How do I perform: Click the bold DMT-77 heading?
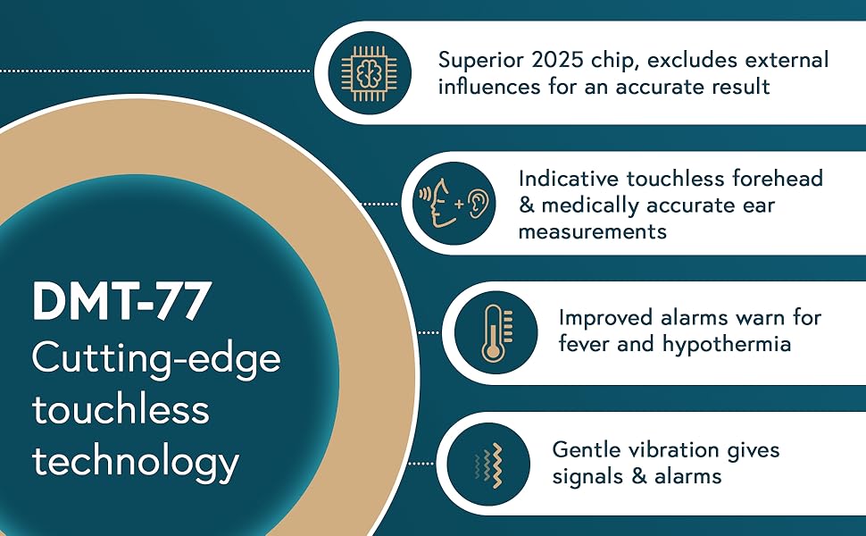(x=121, y=302)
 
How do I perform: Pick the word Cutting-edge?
(x=156, y=359)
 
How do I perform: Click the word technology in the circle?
(x=136, y=462)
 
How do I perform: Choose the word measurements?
(x=592, y=231)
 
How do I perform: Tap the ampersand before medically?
(x=527, y=205)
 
